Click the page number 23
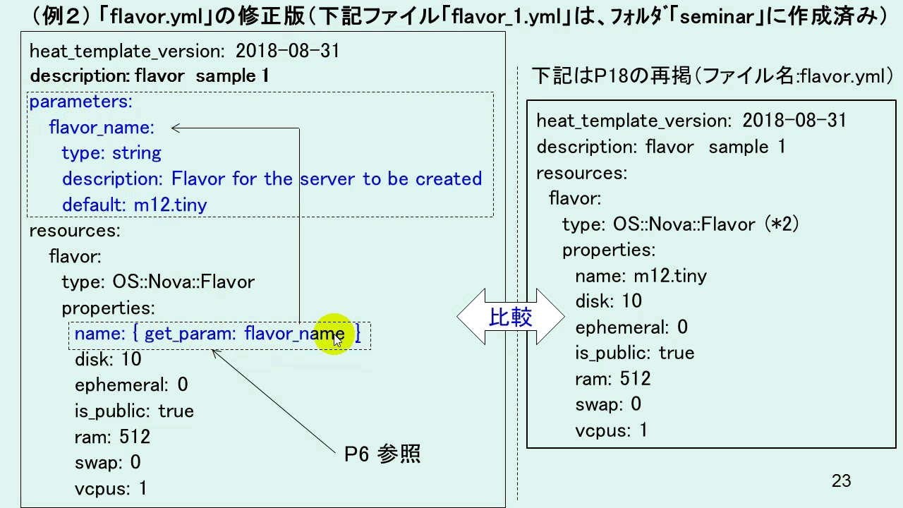841,480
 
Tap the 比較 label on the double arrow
510,317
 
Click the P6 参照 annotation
382,454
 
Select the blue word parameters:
81,102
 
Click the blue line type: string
111,153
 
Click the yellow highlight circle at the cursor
334,334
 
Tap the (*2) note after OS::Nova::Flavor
782,224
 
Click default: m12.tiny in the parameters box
135,205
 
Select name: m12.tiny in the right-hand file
641,276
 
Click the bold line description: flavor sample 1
150,75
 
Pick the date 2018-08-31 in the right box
794,120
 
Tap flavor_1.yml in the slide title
507,17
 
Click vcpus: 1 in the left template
111,489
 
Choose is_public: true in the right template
635,353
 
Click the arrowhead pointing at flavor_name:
176,128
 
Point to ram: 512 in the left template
112,437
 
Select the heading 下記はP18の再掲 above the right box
612,75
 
